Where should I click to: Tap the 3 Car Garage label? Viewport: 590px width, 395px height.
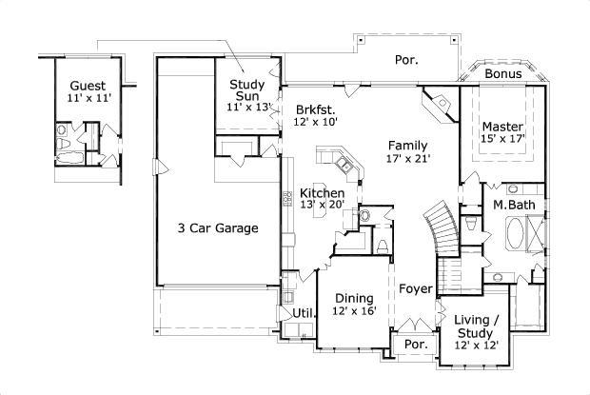click(217, 227)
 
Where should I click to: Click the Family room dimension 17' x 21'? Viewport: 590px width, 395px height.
click(409, 159)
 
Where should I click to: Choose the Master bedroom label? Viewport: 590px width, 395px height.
click(501, 127)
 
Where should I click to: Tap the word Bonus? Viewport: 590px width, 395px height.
click(501, 73)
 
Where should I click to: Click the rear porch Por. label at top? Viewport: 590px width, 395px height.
click(407, 59)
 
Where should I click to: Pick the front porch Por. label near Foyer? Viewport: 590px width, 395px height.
click(414, 344)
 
